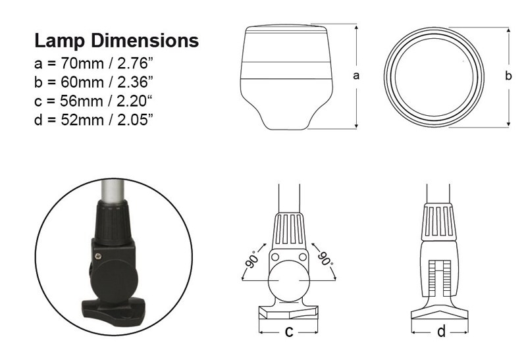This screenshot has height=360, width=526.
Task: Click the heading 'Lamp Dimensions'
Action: (x=116, y=41)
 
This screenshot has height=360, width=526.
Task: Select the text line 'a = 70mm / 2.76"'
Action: (x=94, y=64)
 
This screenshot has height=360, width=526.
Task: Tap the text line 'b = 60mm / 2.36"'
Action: (x=94, y=82)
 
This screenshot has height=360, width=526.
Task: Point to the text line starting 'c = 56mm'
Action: (x=94, y=100)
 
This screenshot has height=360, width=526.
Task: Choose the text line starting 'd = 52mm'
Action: (x=94, y=118)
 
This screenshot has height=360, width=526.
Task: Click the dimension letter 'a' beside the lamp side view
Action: (x=356, y=76)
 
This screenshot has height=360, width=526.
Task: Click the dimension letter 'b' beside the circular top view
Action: (x=508, y=76)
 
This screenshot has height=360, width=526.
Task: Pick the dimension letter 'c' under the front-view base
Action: (x=288, y=332)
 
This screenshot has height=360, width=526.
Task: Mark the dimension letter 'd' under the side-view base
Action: (x=441, y=332)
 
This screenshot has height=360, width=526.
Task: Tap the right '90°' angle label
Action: (x=325, y=257)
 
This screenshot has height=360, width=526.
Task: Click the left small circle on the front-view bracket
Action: (x=276, y=256)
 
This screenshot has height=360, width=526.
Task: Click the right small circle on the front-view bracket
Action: (x=302, y=256)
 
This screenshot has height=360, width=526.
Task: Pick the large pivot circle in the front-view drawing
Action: (x=288, y=281)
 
